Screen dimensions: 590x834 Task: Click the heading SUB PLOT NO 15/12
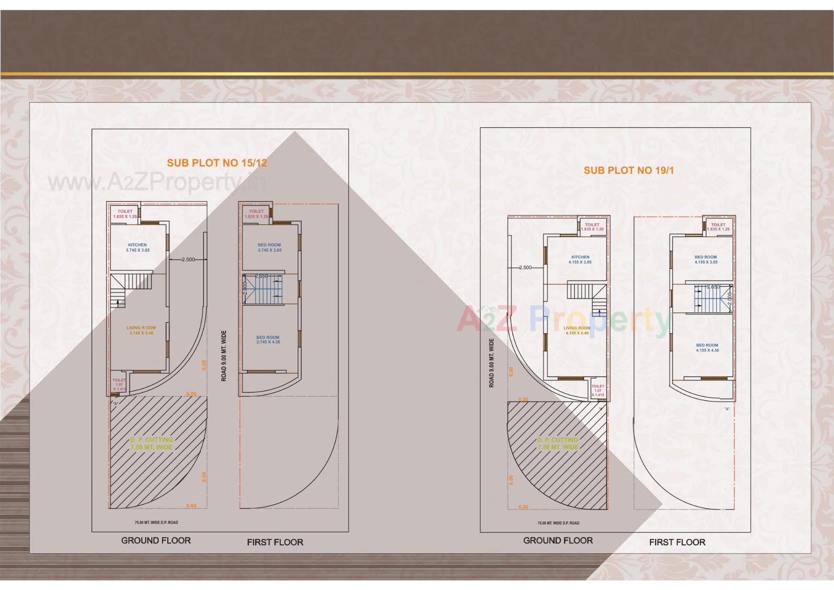(217, 163)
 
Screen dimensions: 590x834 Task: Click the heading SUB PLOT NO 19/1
(629, 170)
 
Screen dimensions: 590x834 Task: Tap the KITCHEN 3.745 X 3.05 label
(138, 247)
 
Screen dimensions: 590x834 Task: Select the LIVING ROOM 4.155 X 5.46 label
(577, 330)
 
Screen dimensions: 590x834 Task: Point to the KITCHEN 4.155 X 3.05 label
(580, 260)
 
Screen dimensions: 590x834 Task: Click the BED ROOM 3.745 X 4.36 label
(268, 340)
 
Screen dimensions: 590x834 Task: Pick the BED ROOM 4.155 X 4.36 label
(707, 347)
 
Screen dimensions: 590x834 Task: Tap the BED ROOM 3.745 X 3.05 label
(269, 247)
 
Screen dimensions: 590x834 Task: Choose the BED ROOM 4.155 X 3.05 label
(706, 260)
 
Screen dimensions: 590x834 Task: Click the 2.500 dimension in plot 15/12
(188, 260)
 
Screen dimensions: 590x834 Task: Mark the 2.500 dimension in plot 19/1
(526, 268)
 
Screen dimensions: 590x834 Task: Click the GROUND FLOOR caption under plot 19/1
(558, 540)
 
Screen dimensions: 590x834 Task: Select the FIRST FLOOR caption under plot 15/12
(275, 542)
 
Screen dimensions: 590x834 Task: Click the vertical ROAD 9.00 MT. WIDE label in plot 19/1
(492, 363)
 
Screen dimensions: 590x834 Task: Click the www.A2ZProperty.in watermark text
(156, 183)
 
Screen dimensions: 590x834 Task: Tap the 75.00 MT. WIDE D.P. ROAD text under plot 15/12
(156, 522)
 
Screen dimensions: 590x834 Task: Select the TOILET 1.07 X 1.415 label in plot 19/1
(598, 390)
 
